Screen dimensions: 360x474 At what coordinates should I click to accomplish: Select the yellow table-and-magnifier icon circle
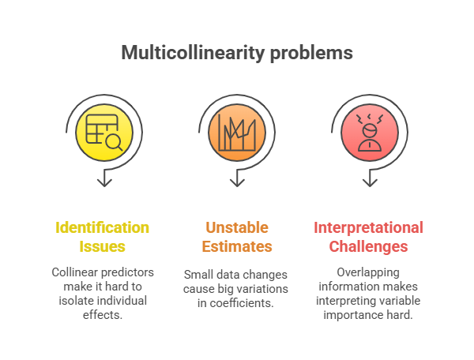tap(103, 132)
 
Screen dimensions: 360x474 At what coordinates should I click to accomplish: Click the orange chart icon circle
tap(236, 132)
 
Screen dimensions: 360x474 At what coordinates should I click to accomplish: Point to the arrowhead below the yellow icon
tap(103, 182)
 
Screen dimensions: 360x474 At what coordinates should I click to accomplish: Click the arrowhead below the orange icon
tap(236, 182)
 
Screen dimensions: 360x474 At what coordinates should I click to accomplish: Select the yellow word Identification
tap(102, 227)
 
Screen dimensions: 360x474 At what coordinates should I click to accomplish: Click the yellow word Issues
tap(103, 246)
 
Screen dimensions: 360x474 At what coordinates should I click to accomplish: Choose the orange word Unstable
tap(236, 227)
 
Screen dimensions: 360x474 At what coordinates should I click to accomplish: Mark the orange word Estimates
tap(236, 246)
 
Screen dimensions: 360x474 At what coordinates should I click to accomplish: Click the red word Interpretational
tap(368, 227)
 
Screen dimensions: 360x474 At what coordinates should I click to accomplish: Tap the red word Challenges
tap(368, 246)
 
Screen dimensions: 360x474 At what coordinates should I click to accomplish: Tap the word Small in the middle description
tap(199, 276)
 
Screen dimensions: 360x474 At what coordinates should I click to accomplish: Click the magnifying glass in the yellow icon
tap(113, 142)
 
